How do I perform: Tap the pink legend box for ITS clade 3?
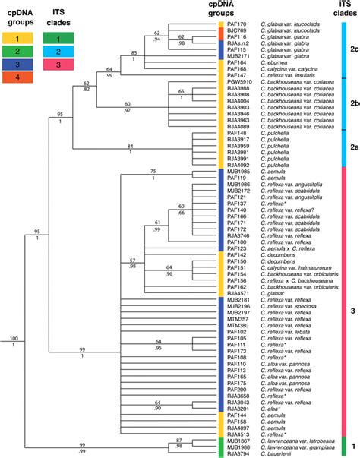click(58, 64)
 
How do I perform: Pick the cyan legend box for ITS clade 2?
click(58, 50)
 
